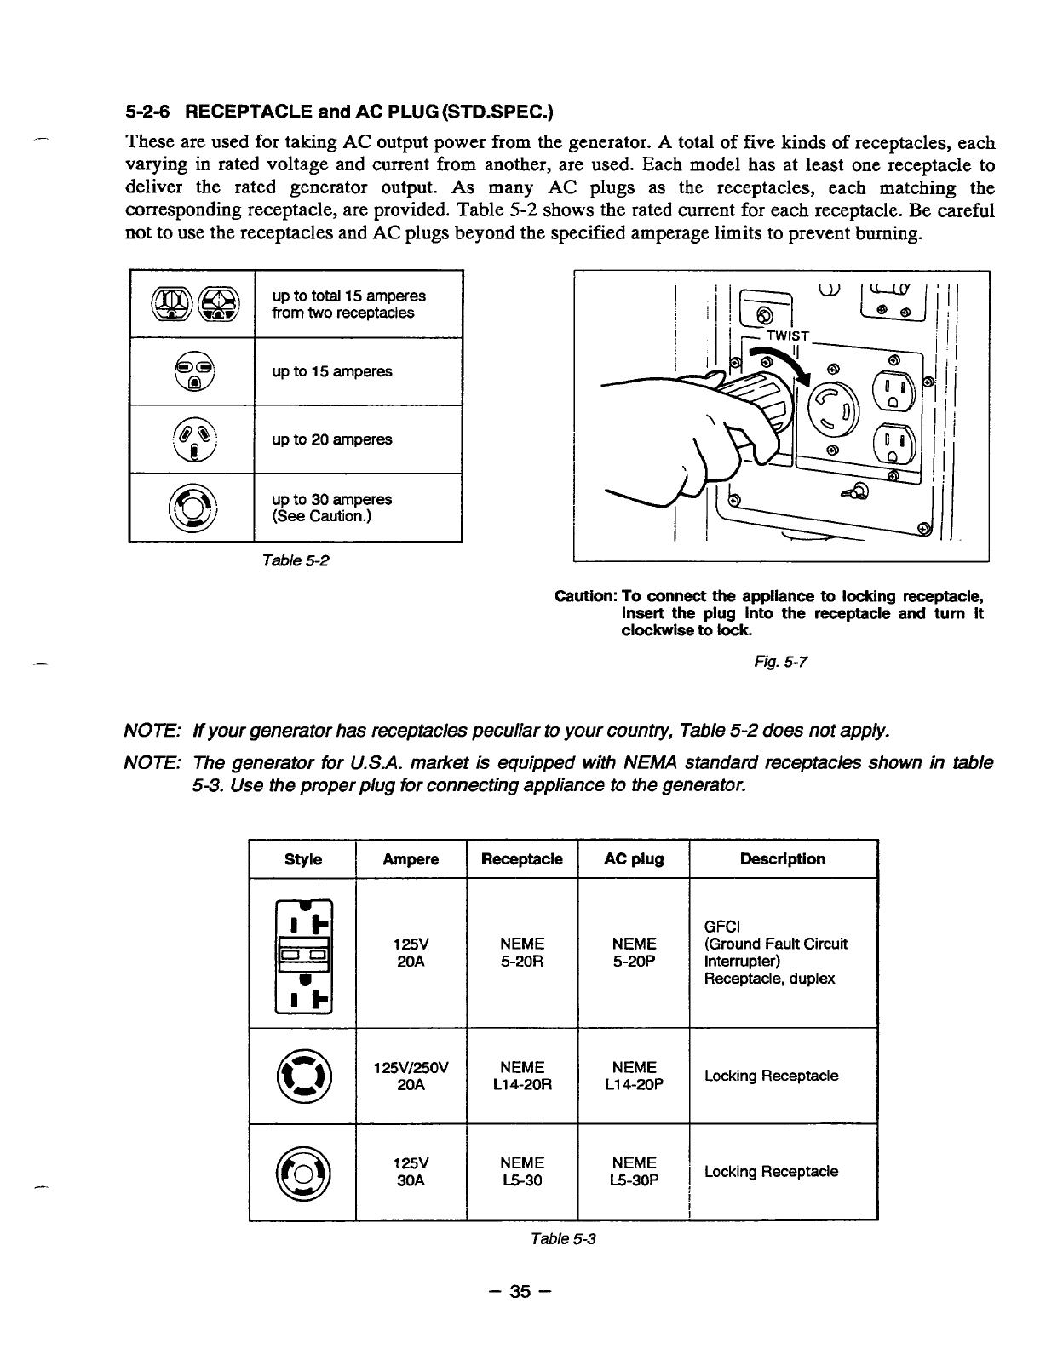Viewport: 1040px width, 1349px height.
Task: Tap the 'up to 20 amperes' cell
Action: [x=331, y=439]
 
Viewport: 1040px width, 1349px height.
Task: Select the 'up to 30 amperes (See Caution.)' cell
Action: [x=331, y=508]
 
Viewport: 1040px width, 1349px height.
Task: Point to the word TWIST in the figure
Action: [x=788, y=336]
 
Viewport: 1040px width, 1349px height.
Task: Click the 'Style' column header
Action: [x=302, y=859]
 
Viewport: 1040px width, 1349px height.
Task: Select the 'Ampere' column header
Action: [x=411, y=859]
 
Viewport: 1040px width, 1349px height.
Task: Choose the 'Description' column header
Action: [x=783, y=858]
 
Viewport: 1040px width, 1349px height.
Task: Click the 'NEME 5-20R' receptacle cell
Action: [x=522, y=952]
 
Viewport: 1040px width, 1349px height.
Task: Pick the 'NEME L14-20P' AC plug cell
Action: [x=634, y=1076]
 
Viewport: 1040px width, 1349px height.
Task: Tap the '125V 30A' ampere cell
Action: [x=411, y=1171]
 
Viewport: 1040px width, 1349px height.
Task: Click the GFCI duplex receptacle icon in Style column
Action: [x=302, y=952]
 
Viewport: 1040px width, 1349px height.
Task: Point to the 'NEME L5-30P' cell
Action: [x=634, y=1171]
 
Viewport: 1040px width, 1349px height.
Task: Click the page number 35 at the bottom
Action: [x=519, y=1292]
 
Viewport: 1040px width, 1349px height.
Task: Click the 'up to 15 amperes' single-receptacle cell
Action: [x=331, y=371]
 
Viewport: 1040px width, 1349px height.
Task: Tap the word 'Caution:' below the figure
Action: [x=586, y=594]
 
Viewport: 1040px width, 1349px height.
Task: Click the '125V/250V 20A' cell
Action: [x=411, y=1076]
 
